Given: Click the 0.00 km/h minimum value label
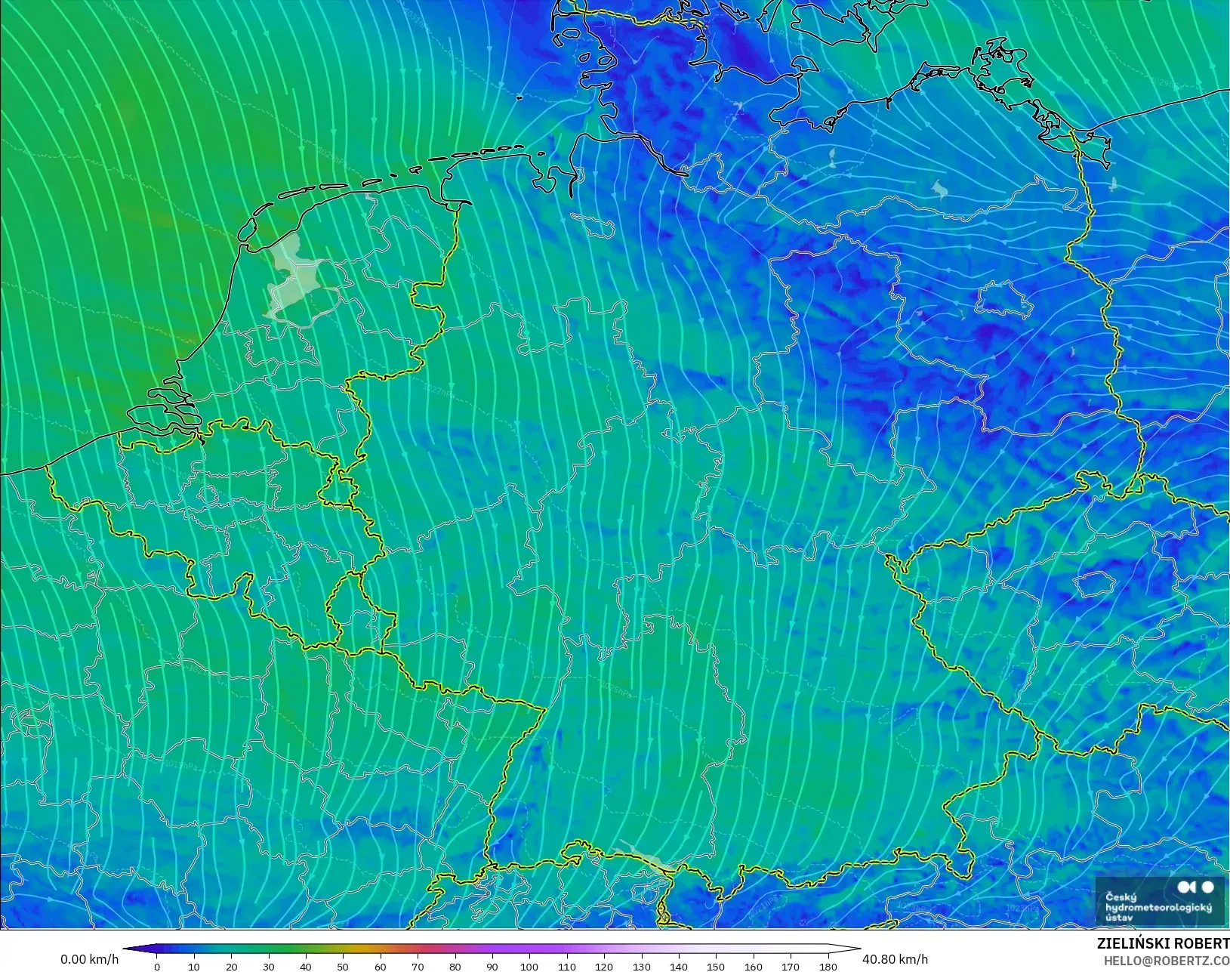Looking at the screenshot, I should [89, 959].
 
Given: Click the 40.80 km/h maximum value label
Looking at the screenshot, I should [895, 959].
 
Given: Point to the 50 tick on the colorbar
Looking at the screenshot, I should [343, 967].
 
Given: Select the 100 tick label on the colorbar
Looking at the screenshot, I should [529, 967].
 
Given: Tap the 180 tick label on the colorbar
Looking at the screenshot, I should [828, 967].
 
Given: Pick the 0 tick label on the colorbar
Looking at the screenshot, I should [157, 967].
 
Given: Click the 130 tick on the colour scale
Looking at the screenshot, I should [641, 967].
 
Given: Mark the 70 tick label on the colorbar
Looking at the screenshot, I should [418, 967].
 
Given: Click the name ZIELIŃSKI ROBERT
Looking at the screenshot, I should [1163, 944].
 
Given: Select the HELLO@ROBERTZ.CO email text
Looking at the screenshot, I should [1167, 961].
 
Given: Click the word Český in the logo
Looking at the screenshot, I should [1121, 897].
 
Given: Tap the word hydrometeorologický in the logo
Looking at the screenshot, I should [1158, 907].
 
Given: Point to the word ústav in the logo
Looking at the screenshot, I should [1119, 918].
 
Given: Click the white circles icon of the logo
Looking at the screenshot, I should [1195, 887].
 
